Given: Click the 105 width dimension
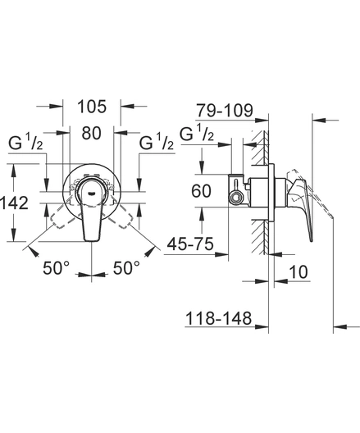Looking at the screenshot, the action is [92, 107].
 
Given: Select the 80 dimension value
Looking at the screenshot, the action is [91, 133].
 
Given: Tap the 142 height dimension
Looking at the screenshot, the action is [15, 203].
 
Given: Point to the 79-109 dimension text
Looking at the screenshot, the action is [225, 111].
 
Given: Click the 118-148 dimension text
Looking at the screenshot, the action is [218, 318].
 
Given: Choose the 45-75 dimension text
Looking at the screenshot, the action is [190, 244].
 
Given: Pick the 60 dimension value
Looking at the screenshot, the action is [201, 191].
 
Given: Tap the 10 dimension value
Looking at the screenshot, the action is [298, 272].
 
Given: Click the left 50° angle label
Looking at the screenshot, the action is [57, 267].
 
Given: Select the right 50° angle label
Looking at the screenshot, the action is [126, 267].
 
